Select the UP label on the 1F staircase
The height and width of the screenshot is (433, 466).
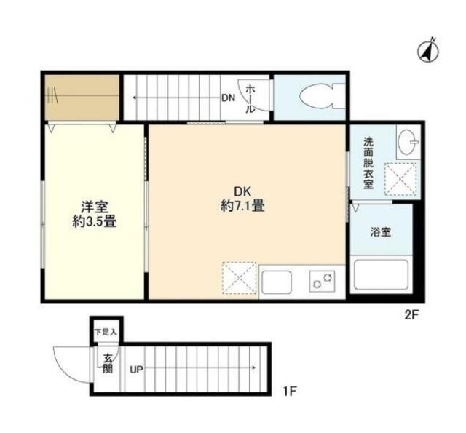click(136, 369)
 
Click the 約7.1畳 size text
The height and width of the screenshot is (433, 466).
click(242, 207)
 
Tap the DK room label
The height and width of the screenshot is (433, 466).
click(242, 191)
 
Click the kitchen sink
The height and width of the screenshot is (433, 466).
click(277, 281)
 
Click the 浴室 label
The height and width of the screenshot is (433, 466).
click(381, 232)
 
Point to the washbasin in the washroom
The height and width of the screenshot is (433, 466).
click(406, 141)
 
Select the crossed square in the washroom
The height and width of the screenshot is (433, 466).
click(401, 178)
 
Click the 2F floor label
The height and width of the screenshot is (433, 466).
click(412, 315)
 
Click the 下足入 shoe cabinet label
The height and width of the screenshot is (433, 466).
click(106, 332)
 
